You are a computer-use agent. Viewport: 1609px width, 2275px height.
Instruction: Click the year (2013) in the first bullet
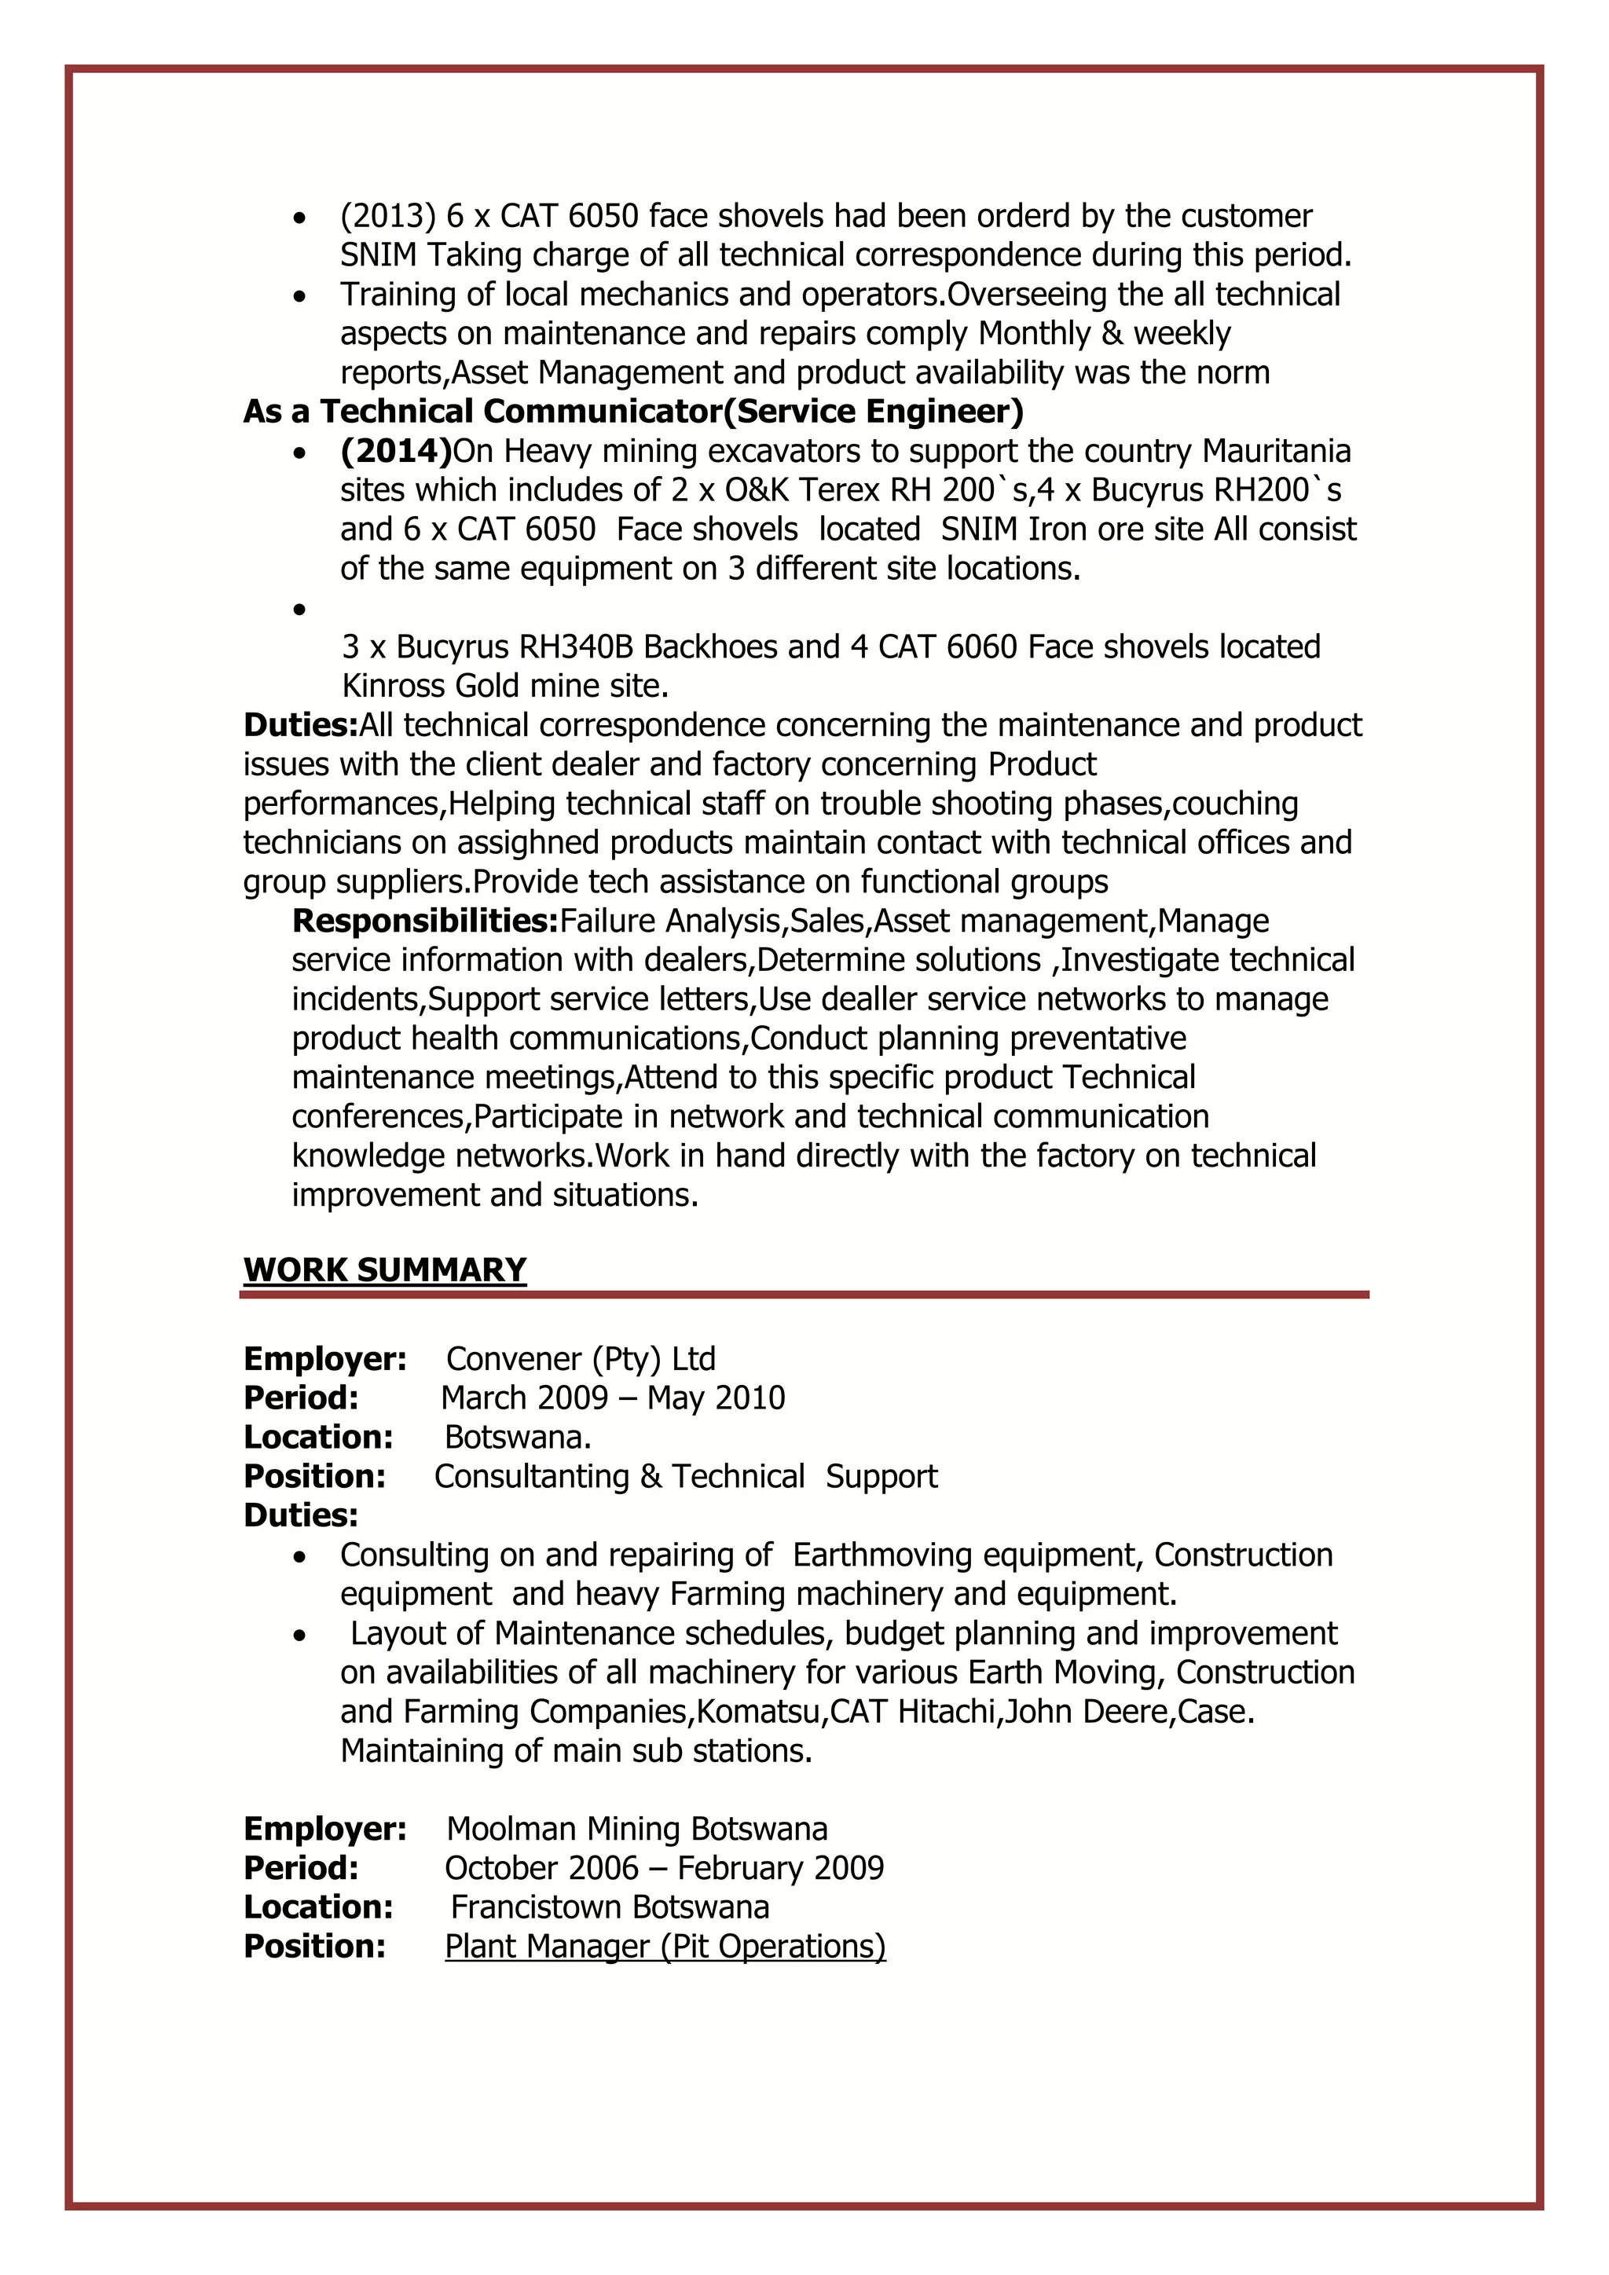pyautogui.click(x=388, y=216)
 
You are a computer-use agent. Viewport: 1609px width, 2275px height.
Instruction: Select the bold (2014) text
pyautogui.click(x=395, y=451)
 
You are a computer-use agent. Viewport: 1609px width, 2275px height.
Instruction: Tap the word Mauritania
pyautogui.click(x=1276, y=451)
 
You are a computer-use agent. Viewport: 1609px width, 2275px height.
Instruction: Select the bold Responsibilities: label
pyautogui.click(x=425, y=921)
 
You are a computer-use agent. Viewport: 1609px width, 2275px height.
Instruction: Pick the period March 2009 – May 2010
pyautogui.click(x=612, y=1398)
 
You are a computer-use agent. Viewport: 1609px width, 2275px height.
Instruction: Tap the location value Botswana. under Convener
pyautogui.click(x=517, y=1437)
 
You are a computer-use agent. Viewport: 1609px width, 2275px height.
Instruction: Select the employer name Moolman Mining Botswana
pyautogui.click(x=636, y=1828)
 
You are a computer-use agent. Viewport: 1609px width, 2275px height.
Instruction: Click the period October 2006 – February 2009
pyautogui.click(x=664, y=1868)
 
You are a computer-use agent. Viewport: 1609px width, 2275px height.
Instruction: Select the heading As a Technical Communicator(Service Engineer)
pyautogui.click(x=633, y=411)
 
